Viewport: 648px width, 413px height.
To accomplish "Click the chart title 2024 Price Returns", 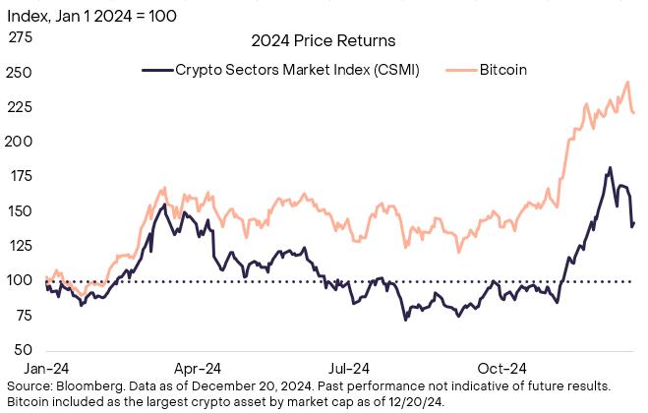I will [324, 41].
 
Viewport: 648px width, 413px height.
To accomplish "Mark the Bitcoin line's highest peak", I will [627, 83].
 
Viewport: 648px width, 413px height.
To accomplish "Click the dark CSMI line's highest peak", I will [610, 168].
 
